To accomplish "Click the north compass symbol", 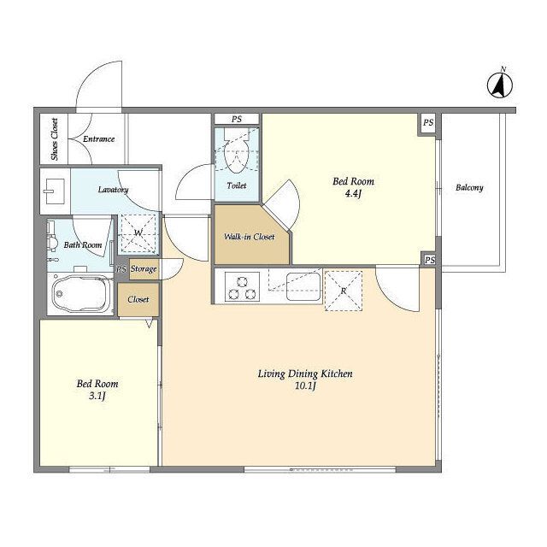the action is click(x=499, y=85).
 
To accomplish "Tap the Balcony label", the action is click(x=469, y=188).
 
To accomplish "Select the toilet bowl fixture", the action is click(x=237, y=150).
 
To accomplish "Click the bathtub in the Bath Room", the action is click(x=82, y=294).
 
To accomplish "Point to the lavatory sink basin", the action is click(x=54, y=191).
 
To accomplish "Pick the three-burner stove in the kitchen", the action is click(x=242, y=286).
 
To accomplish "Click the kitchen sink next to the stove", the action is click(x=303, y=286).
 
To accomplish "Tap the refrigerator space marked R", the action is click(x=344, y=291).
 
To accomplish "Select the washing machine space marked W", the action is click(x=138, y=233).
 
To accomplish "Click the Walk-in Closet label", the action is click(x=249, y=237).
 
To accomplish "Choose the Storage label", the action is click(x=144, y=269).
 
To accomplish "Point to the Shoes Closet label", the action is click(x=55, y=138).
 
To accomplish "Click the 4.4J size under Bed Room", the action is click(x=353, y=194).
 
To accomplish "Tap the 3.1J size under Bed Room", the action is click(x=97, y=396).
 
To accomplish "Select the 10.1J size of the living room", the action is click(x=305, y=385).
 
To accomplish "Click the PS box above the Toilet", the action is click(x=237, y=119).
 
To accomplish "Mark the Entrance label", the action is click(x=99, y=138).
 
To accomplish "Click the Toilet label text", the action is click(x=237, y=185).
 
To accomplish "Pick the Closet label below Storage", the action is click(x=138, y=299).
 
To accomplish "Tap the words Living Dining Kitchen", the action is click(x=305, y=374).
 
